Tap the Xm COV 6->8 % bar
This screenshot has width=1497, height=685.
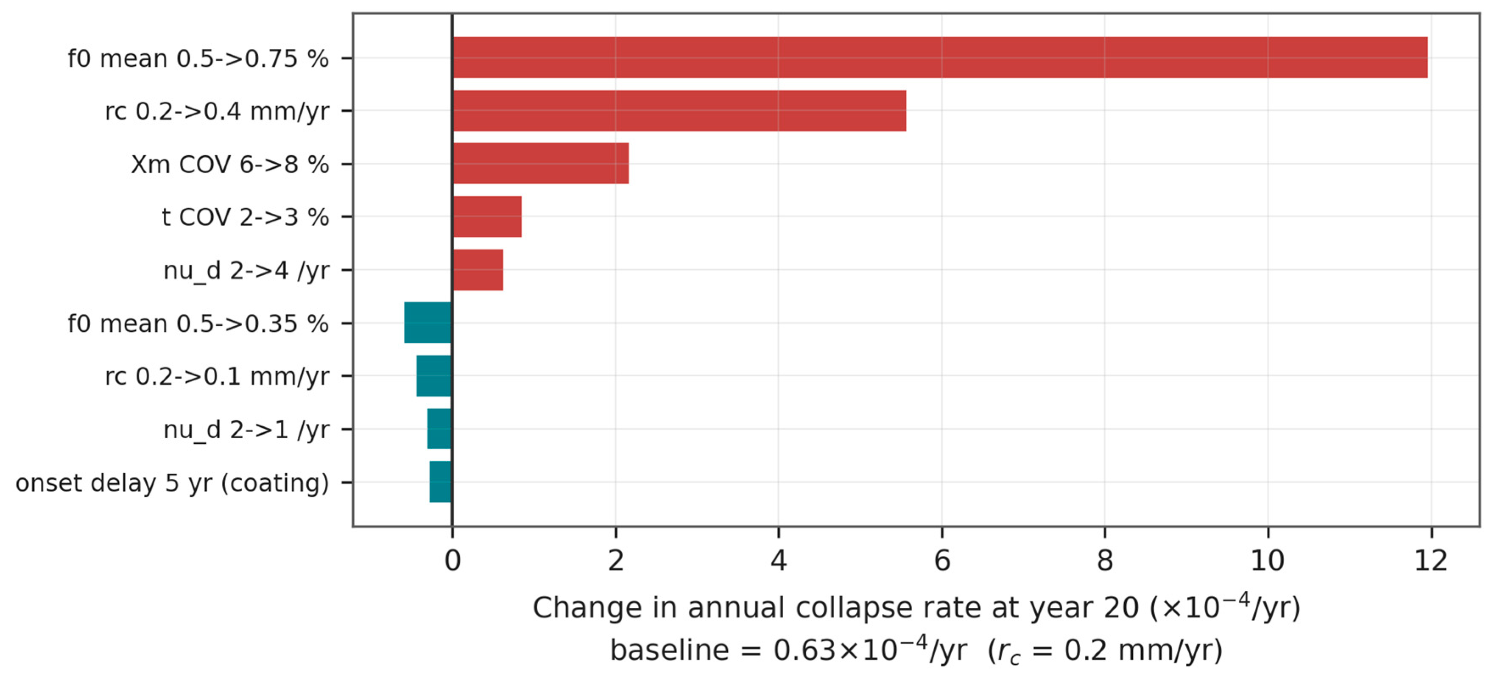[540, 164]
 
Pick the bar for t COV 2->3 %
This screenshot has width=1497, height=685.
[487, 217]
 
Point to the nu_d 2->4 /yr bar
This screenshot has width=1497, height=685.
[478, 270]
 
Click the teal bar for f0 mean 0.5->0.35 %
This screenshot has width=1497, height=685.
[428, 322]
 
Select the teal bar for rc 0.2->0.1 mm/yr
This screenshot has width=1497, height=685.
[434, 376]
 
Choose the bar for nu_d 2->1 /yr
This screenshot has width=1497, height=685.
[439, 429]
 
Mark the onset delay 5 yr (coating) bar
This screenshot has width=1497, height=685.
[441, 482]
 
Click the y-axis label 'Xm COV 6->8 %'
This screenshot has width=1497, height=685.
[230, 165]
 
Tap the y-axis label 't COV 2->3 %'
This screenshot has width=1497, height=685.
[245, 217]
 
